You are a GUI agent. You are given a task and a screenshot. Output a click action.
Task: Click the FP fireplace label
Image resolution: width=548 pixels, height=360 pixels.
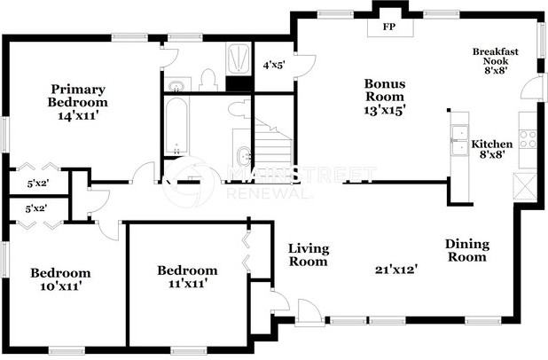pyautogui.click(x=388, y=27)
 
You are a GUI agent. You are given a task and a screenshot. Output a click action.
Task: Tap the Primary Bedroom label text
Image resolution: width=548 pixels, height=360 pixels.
pyautogui.click(x=78, y=96)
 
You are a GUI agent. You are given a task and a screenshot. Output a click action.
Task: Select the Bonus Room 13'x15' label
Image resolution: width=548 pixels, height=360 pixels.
pyautogui.click(x=384, y=96)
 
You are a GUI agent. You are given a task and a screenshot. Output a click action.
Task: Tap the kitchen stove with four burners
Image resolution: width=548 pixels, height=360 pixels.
pyautogui.click(x=527, y=137)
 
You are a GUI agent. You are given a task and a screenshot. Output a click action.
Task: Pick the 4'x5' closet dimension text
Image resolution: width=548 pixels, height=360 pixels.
pyautogui.click(x=274, y=65)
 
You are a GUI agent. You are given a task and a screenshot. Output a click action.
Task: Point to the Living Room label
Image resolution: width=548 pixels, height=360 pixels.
pyautogui.click(x=308, y=254)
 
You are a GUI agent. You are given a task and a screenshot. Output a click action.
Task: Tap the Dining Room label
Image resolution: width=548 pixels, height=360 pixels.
pyautogui.click(x=466, y=250)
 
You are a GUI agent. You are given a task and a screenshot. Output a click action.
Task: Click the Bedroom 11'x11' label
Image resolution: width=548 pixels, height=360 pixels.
pyautogui.click(x=187, y=277)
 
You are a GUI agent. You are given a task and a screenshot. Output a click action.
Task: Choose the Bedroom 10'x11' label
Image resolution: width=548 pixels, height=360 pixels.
pyautogui.click(x=60, y=279)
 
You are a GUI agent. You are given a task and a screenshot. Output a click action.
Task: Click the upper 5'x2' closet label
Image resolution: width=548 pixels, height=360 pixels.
pyautogui.click(x=35, y=184)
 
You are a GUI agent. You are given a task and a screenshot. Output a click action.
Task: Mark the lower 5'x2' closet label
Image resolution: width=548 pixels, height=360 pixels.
pyautogui.click(x=35, y=209)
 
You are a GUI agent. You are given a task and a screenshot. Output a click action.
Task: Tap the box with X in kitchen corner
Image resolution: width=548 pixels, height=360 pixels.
pyautogui.click(x=525, y=185)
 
